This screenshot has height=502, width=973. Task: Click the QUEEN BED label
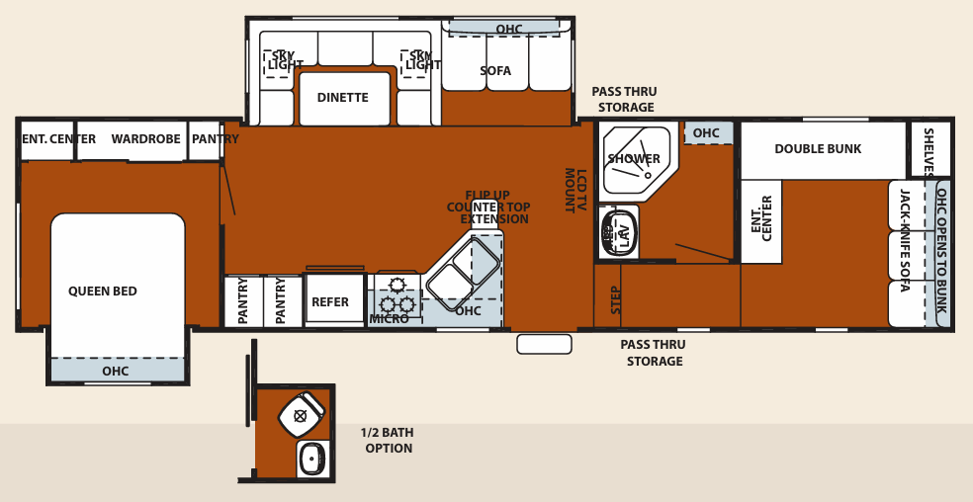[103, 292]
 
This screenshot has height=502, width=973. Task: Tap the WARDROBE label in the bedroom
[145, 139]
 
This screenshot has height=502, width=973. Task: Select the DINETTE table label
[342, 98]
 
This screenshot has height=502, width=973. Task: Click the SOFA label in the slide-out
[495, 71]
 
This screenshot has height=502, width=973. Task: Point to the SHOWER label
[634, 159]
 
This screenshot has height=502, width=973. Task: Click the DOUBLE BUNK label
[818, 149]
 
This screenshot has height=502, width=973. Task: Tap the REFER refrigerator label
[330, 302]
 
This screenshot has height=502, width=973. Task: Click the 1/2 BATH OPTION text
[388, 441]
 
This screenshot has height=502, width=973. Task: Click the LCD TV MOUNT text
[575, 191]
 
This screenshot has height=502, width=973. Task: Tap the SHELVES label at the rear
[929, 152]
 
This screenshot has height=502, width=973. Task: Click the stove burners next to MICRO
[398, 295]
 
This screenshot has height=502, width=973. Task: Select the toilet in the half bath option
[301, 414]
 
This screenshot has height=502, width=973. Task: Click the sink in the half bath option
[312, 459]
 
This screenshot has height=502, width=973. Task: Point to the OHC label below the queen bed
[115, 372]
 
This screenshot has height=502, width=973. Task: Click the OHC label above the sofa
[509, 30]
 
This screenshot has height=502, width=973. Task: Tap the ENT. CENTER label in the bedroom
[58, 139]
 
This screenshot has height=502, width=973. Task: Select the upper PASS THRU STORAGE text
[624, 100]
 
